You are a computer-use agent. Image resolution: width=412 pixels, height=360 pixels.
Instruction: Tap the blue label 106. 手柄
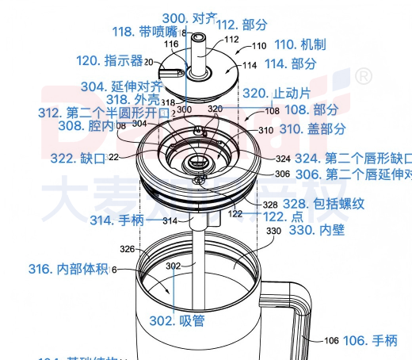[370, 340]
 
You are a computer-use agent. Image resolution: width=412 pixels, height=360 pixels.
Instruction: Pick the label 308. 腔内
[86, 125]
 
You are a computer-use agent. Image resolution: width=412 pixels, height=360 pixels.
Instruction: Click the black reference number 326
[128, 249]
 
